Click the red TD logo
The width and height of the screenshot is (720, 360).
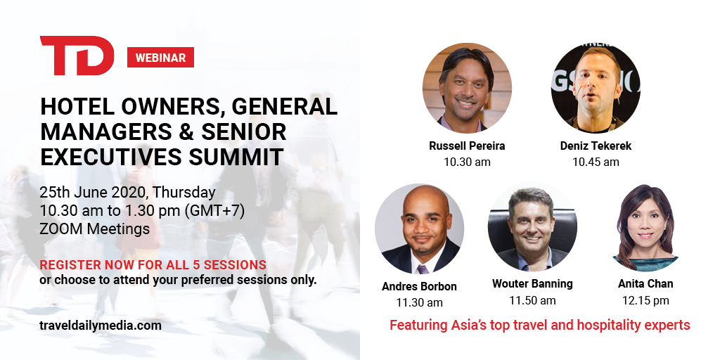77,56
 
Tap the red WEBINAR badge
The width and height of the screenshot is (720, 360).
160,58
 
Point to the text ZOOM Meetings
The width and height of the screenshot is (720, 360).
95,229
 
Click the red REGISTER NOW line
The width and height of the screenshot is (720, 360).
153,265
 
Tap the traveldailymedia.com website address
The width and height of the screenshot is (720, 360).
101,326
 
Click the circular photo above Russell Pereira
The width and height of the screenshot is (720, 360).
467,88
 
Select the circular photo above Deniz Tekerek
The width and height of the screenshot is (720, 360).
596,88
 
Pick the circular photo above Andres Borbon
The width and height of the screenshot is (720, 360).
419,229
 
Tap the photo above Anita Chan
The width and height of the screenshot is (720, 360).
645,228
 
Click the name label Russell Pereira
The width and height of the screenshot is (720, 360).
467,146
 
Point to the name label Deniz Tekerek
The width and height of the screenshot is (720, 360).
596,146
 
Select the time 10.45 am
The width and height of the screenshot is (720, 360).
596,162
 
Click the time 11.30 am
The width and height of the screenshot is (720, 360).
419,302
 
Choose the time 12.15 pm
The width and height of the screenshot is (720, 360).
645,301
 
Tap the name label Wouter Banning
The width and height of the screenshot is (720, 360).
533,284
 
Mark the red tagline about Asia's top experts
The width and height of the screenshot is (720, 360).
539,325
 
